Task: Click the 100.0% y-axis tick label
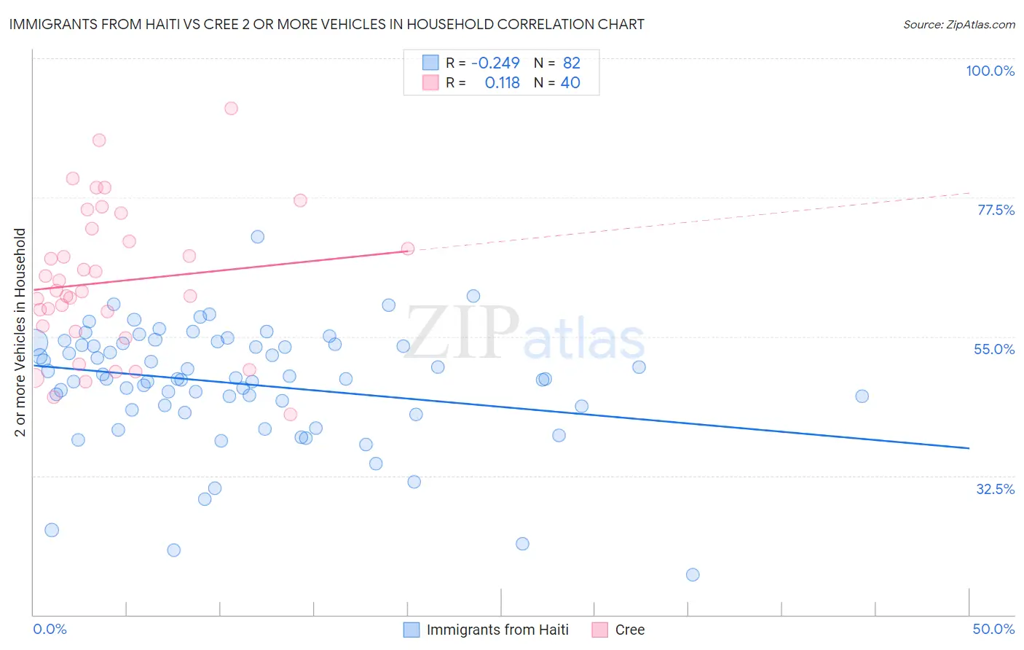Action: point(990,71)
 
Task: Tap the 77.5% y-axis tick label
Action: point(996,210)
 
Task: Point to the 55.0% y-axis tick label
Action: point(994,349)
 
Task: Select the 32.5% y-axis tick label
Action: point(995,489)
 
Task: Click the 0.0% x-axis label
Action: point(50,629)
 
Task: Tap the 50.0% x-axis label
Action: point(993,629)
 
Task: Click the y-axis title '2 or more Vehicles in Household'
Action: point(20,332)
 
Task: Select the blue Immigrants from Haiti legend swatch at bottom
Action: point(411,630)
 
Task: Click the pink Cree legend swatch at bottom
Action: point(600,630)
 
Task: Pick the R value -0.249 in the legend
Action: point(495,63)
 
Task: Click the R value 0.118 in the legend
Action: point(503,83)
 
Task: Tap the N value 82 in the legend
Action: point(572,63)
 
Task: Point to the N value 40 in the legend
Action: point(570,83)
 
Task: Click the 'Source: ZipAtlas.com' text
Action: point(958,25)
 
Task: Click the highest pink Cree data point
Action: point(231,109)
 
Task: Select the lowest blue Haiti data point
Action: point(693,575)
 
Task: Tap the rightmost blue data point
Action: point(862,396)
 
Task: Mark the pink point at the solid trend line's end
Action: point(408,248)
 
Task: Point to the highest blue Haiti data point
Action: point(257,237)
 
